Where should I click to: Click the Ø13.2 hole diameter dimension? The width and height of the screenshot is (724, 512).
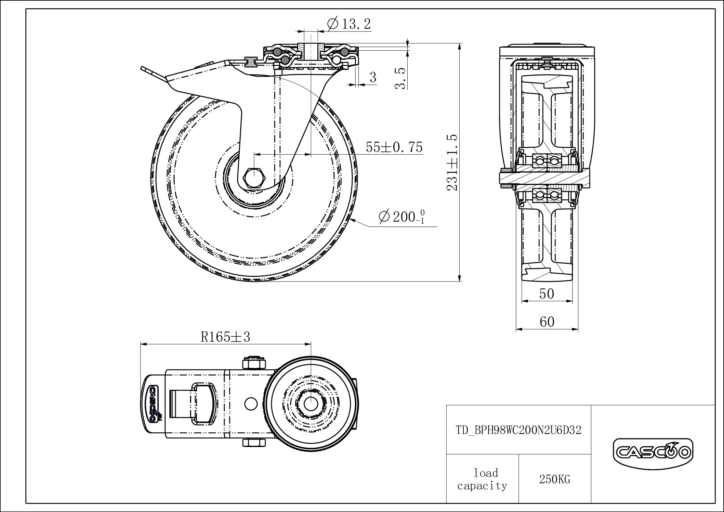click(349, 24)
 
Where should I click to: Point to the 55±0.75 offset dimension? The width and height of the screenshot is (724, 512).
click(394, 147)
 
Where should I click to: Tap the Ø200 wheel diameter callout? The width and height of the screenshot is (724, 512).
click(402, 216)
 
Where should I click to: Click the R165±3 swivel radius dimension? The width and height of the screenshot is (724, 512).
click(225, 337)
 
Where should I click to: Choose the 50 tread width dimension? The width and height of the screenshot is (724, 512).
click(547, 294)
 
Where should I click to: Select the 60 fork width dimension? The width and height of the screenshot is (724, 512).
click(547, 322)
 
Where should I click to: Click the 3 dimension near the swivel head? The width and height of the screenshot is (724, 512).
click(373, 77)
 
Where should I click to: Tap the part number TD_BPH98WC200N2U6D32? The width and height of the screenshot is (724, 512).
click(518, 430)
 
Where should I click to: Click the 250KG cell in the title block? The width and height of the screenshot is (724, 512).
click(555, 480)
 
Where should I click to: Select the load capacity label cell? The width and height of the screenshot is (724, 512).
click(483, 480)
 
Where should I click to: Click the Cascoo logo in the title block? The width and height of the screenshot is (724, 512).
click(653, 452)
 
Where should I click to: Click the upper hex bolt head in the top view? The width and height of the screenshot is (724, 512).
click(253, 363)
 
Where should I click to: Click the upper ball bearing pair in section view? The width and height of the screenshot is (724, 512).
click(547, 160)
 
